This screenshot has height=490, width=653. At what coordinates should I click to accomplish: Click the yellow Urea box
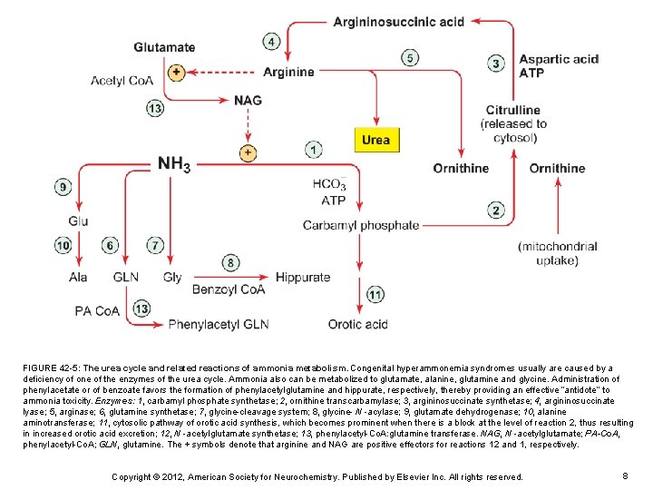(375, 140)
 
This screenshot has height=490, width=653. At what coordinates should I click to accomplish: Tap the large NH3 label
(174, 164)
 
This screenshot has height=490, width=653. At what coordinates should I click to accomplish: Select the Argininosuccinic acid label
(398, 22)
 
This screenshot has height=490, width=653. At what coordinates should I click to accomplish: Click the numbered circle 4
(271, 42)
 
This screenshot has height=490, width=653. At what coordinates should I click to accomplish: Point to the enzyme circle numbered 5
(410, 58)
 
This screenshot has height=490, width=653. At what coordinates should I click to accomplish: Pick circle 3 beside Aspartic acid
(495, 64)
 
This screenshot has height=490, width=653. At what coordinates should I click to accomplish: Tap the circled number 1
(313, 149)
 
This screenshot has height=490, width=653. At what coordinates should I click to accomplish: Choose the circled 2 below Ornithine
(495, 211)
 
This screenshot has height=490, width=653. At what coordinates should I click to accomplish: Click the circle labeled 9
(63, 187)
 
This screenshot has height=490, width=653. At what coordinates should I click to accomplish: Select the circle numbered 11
(375, 295)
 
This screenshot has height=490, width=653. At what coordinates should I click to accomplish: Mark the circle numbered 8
(231, 263)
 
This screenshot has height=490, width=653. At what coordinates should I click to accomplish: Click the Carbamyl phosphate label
(361, 225)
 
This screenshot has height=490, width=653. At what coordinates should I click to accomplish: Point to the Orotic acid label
(357, 324)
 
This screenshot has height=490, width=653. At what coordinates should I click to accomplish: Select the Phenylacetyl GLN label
(219, 324)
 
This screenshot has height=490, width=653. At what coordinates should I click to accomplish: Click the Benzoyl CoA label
(228, 290)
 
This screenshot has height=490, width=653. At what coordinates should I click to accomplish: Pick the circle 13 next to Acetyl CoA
(155, 109)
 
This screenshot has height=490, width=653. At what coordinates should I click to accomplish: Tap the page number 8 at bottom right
(626, 475)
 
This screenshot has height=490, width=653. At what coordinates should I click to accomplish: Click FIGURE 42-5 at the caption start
(54, 368)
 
